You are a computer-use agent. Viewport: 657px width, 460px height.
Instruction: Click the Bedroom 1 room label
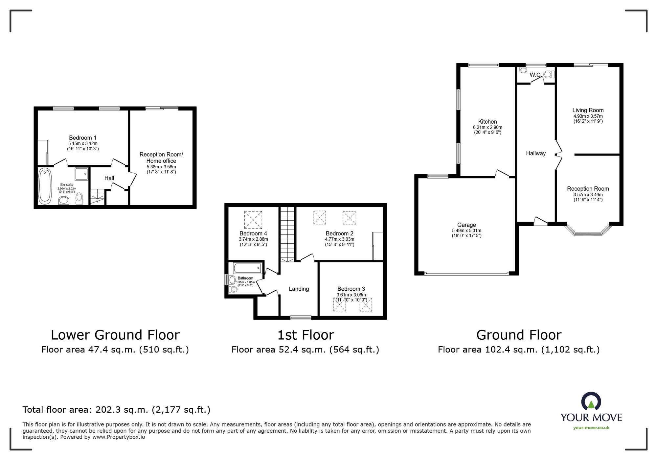(x=82, y=138)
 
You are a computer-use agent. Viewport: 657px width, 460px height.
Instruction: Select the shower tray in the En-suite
(x=81, y=174)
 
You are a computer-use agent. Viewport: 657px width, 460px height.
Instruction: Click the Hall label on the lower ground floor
(x=109, y=178)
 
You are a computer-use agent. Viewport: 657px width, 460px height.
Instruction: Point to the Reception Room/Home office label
(x=161, y=157)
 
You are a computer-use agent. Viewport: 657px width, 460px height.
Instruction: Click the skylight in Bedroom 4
(x=253, y=220)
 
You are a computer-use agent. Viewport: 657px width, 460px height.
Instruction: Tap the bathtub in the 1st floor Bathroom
(x=248, y=268)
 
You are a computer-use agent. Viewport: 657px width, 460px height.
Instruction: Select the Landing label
(x=299, y=289)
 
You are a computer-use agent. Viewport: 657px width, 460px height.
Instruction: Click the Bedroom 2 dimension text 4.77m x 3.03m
(x=340, y=239)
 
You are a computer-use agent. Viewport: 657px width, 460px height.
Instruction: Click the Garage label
(x=466, y=225)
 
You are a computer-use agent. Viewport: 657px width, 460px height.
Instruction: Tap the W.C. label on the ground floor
(x=535, y=75)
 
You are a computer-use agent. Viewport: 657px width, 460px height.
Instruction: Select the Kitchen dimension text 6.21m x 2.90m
(x=487, y=127)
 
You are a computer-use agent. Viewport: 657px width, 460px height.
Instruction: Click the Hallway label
(x=535, y=153)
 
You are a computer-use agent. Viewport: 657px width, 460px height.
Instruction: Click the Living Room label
(x=588, y=110)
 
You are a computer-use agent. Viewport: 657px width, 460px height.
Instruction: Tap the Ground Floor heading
(x=519, y=335)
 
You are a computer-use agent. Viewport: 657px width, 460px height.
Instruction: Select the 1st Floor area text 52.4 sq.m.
(x=305, y=350)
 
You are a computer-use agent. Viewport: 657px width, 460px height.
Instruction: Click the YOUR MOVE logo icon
(x=591, y=401)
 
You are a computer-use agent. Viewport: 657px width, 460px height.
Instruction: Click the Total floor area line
(x=116, y=410)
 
